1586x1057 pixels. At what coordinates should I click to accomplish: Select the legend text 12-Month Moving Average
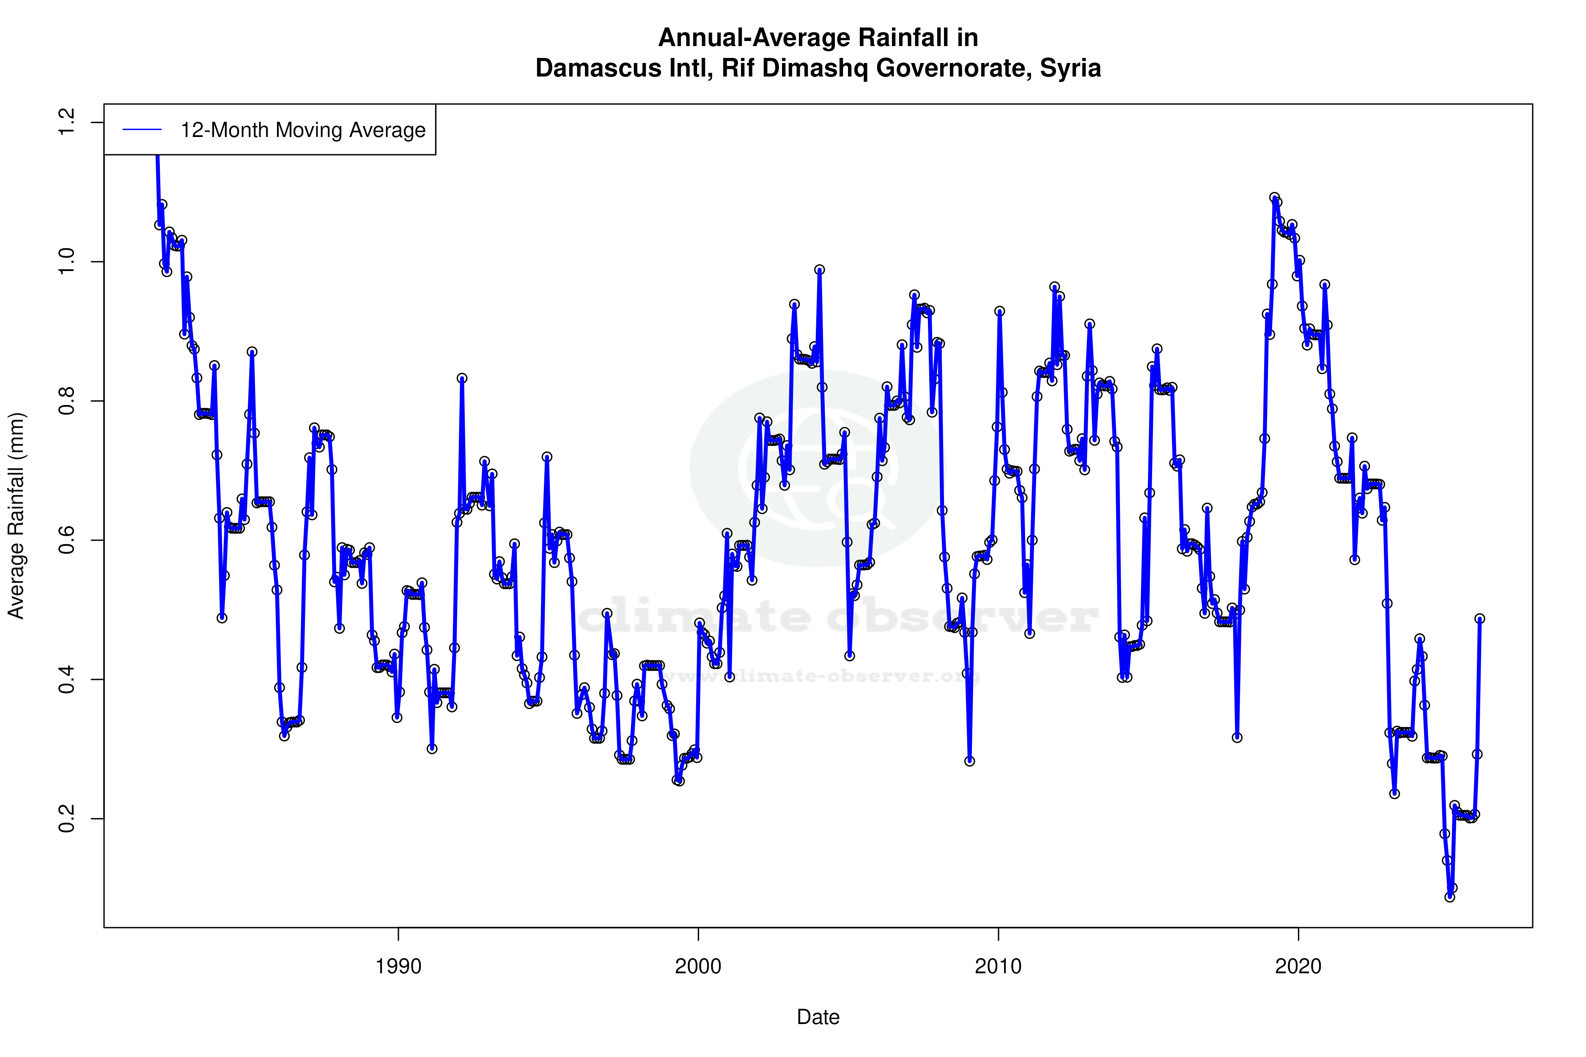click(x=303, y=130)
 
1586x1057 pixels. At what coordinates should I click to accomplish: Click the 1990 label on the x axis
click(x=398, y=967)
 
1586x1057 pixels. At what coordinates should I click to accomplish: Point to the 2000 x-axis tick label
click(x=699, y=967)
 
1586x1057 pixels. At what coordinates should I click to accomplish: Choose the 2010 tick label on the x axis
click(x=998, y=967)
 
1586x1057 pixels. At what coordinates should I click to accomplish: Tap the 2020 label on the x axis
click(x=1298, y=967)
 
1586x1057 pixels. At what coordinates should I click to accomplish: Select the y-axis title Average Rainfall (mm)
click(x=16, y=516)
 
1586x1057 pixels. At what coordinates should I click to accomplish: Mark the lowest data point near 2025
click(x=1450, y=897)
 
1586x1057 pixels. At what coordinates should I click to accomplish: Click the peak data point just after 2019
click(x=1274, y=197)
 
